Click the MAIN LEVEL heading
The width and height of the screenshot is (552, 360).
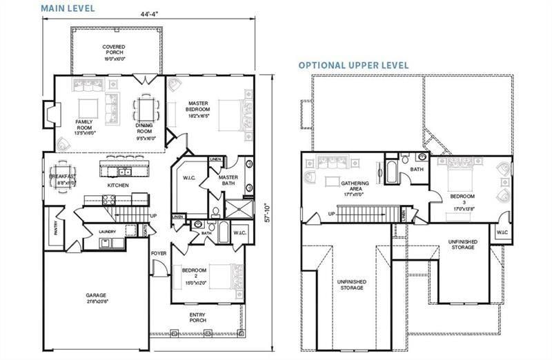[x=68, y=8]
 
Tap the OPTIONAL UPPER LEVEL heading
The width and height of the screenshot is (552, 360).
[x=353, y=65]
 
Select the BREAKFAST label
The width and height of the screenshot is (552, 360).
[x=63, y=177]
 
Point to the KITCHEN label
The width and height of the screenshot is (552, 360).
[x=118, y=186]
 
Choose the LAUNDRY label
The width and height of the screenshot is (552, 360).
[x=107, y=231]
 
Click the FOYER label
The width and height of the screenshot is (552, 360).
[x=159, y=253]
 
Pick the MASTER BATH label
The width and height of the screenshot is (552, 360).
[x=228, y=181]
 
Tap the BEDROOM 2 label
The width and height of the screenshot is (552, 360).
[x=195, y=274]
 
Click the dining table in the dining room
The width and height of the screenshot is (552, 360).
[x=145, y=108]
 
